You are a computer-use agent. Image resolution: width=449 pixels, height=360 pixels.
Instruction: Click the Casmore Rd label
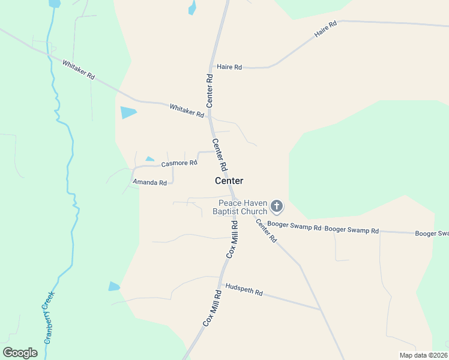click(x=179, y=163)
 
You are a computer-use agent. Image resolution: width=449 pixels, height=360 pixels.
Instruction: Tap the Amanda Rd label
click(x=149, y=182)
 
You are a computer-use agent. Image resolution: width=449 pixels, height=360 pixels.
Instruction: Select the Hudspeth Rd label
click(x=243, y=289)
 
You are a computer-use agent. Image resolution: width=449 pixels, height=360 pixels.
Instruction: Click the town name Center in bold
click(x=229, y=181)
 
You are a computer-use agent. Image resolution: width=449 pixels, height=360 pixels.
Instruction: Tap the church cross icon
click(x=276, y=207)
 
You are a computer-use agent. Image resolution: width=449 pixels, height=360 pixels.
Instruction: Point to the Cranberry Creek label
click(x=48, y=316)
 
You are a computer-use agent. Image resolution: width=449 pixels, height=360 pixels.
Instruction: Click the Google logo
click(x=20, y=353)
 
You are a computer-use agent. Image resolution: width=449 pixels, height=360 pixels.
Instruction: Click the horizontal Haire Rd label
click(x=229, y=67)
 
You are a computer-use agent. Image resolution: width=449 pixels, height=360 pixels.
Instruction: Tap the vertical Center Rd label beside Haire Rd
click(x=210, y=91)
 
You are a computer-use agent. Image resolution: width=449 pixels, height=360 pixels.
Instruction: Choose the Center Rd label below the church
click(x=266, y=230)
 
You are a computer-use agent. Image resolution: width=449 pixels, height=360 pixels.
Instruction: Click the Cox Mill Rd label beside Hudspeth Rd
click(x=212, y=307)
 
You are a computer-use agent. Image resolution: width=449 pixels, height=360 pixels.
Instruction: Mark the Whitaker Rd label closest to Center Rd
click(x=187, y=110)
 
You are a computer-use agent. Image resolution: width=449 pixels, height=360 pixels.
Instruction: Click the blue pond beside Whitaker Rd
click(x=128, y=112)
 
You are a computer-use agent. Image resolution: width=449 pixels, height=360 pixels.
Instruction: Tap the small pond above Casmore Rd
click(x=150, y=159)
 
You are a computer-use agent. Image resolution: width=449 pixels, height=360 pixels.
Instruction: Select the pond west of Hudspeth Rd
click(x=114, y=286)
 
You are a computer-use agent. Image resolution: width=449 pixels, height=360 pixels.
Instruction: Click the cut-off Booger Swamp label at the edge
click(x=432, y=233)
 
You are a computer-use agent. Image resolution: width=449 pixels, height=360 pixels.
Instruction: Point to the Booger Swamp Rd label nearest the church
click(x=294, y=227)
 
